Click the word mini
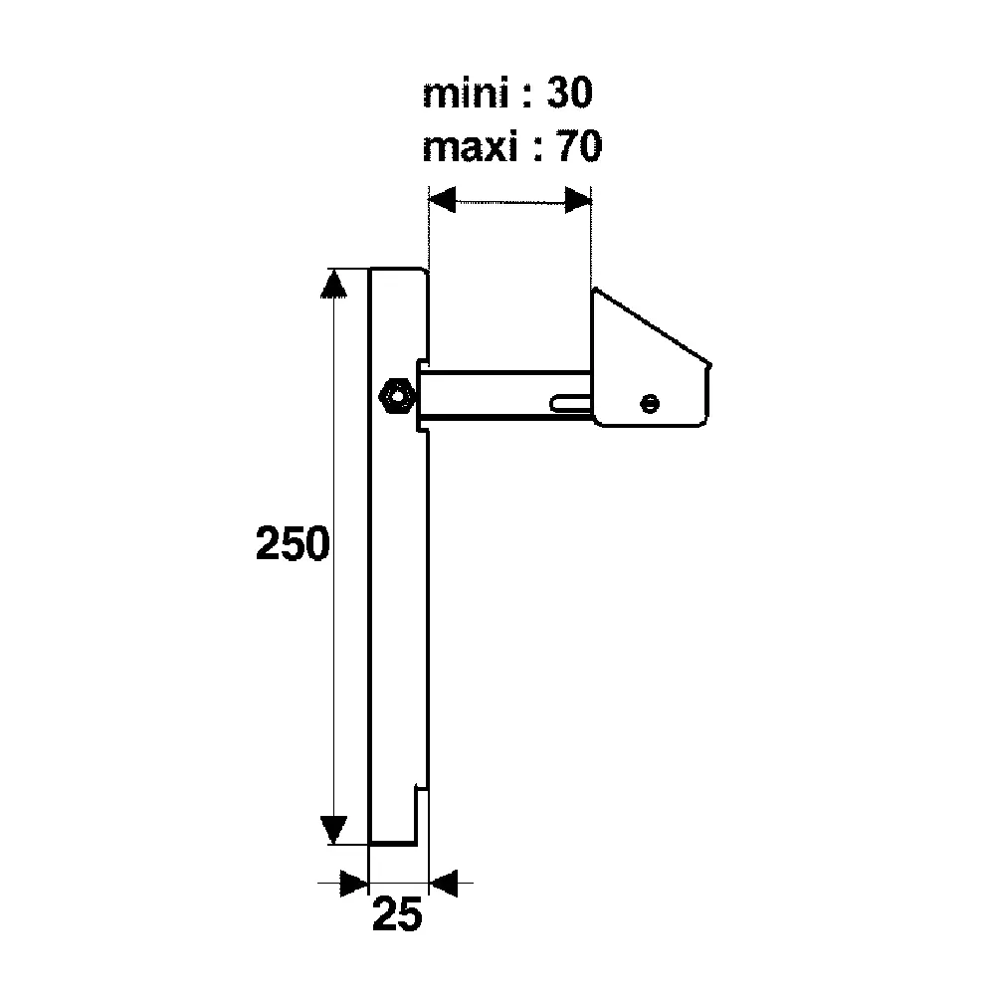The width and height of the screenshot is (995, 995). (x=466, y=94)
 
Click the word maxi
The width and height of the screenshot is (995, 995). (x=471, y=147)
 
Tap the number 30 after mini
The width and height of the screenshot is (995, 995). (x=570, y=93)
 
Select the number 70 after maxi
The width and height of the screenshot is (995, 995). (x=579, y=146)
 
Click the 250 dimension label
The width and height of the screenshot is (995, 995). (x=293, y=543)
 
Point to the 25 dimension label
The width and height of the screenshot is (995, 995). (x=397, y=914)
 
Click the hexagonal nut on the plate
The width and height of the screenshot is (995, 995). (x=397, y=396)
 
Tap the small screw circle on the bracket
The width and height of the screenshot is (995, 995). (x=650, y=403)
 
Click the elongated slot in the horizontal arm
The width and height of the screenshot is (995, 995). (x=571, y=403)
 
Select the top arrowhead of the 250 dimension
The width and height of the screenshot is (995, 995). (x=333, y=283)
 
